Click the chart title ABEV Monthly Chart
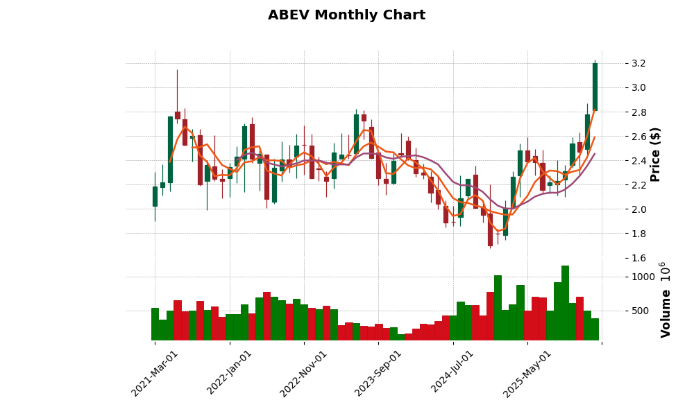coord(346,15)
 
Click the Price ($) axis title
coord(656,154)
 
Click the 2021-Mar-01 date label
coord(155,373)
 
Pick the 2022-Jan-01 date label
coord(230,373)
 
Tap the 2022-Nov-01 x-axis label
coord(303,373)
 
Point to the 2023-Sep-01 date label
coord(378,373)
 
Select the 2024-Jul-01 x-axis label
coord(452,373)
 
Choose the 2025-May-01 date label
coord(527,373)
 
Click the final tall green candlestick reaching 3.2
coord(595,87)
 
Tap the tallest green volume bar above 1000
coord(565,302)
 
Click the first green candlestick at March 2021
coord(155,196)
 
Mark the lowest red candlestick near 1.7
coord(490,229)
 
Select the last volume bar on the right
coord(595,329)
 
